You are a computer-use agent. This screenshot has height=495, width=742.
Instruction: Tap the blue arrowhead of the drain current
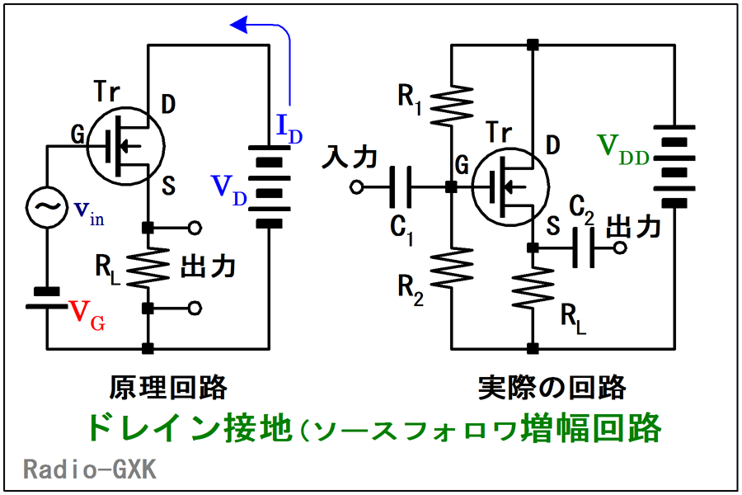point(239,25)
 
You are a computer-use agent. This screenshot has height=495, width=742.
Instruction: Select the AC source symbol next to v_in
point(47,207)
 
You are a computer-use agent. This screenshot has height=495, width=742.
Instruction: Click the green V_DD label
point(622,149)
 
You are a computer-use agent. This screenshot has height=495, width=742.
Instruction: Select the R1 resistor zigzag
point(452,106)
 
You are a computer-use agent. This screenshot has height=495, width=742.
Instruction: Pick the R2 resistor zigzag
point(452,267)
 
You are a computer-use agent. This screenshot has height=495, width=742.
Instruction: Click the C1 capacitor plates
point(401,187)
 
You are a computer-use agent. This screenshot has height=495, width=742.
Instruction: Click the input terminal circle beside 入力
point(357,187)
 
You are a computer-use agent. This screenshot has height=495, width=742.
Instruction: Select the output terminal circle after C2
point(620,247)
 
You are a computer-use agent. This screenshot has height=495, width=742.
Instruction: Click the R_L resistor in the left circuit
point(148,267)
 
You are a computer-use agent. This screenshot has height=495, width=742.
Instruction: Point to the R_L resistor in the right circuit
point(533,288)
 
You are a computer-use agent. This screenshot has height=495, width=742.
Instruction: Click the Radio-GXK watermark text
point(90,469)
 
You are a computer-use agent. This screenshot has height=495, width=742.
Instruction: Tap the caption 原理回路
point(168,388)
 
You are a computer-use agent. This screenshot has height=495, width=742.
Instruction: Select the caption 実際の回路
point(552,388)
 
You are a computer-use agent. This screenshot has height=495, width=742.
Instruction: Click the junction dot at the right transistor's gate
point(452,187)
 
